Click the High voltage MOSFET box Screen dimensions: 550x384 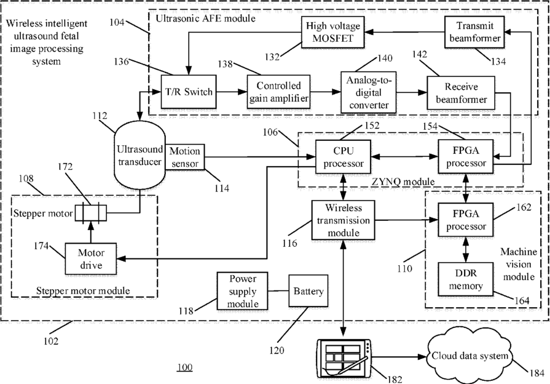click(x=332, y=32)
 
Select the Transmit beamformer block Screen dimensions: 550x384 click(x=474, y=32)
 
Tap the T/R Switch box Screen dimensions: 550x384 click(x=189, y=92)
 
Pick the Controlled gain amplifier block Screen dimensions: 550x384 click(x=278, y=92)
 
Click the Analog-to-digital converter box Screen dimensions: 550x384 click(x=368, y=93)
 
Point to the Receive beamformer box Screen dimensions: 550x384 click(x=461, y=93)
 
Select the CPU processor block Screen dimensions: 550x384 click(x=343, y=157)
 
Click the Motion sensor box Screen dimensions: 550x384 click(x=184, y=157)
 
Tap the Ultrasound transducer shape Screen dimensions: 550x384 click(x=139, y=155)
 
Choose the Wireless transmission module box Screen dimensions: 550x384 click(x=343, y=220)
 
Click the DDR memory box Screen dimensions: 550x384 click(x=465, y=279)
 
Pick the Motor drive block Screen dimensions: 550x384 click(x=91, y=258)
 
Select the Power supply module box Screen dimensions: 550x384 click(x=242, y=291)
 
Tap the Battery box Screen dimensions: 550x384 click(x=308, y=291)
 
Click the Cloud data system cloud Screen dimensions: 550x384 click(x=469, y=356)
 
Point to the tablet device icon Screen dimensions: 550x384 click(x=344, y=359)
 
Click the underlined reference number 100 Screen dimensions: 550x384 click(x=185, y=367)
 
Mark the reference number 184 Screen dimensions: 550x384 click(x=536, y=373)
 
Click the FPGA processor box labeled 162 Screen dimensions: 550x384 click(x=465, y=220)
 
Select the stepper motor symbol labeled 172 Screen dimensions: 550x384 click(x=91, y=213)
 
